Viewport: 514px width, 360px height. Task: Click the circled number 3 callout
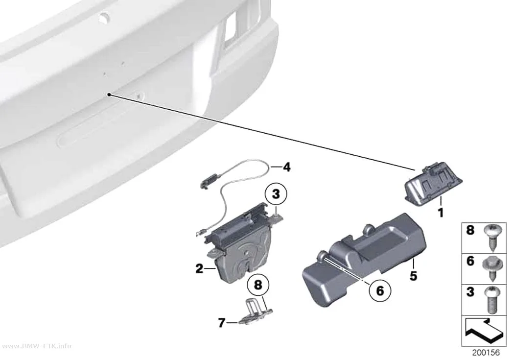tap(276, 194)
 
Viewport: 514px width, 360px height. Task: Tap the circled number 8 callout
tap(258, 285)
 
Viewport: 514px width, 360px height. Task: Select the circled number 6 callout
tap(379, 290)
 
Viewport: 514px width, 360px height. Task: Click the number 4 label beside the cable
tap(287, 167)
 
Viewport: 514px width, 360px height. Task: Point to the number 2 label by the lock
tap(199, 269)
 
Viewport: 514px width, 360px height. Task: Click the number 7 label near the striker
tap(222, 323)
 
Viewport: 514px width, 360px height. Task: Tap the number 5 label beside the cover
tap(413, 276)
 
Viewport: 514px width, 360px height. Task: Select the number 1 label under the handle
tap(441, 213)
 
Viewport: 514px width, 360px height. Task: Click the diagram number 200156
tap(486, 353)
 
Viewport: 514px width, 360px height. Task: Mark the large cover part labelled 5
tap(364, 261)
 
